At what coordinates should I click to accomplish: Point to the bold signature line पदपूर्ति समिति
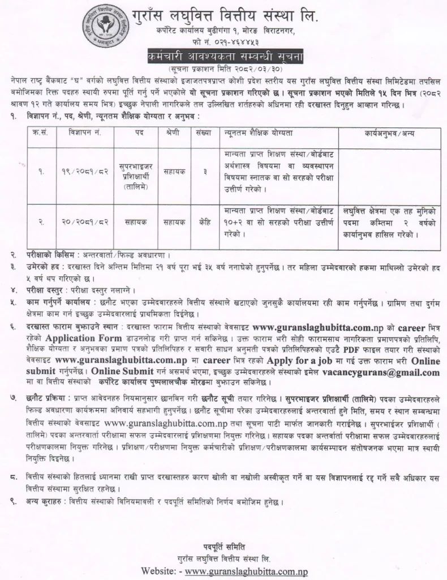point(223,546)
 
